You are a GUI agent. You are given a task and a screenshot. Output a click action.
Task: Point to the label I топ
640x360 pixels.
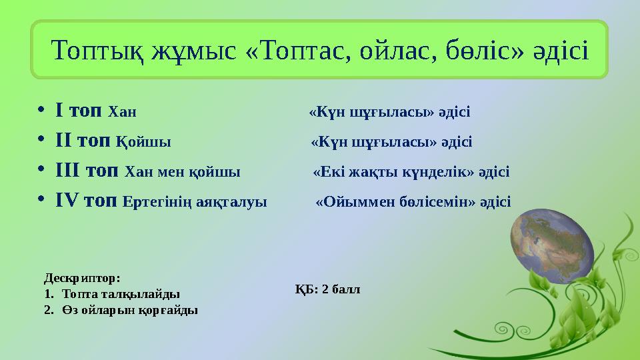point(79,110)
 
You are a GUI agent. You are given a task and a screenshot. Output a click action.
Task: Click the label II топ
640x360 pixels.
point(83,141)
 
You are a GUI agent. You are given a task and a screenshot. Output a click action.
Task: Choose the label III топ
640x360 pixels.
point(87,171)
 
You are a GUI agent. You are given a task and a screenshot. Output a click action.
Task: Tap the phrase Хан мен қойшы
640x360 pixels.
point(183,172)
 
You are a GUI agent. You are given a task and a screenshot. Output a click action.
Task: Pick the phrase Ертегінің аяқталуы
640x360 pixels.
point(195,201)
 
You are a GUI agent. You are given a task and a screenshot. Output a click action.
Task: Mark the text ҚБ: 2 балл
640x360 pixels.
point(327,289)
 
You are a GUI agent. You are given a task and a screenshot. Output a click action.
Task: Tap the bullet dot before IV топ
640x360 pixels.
point(42,201)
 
